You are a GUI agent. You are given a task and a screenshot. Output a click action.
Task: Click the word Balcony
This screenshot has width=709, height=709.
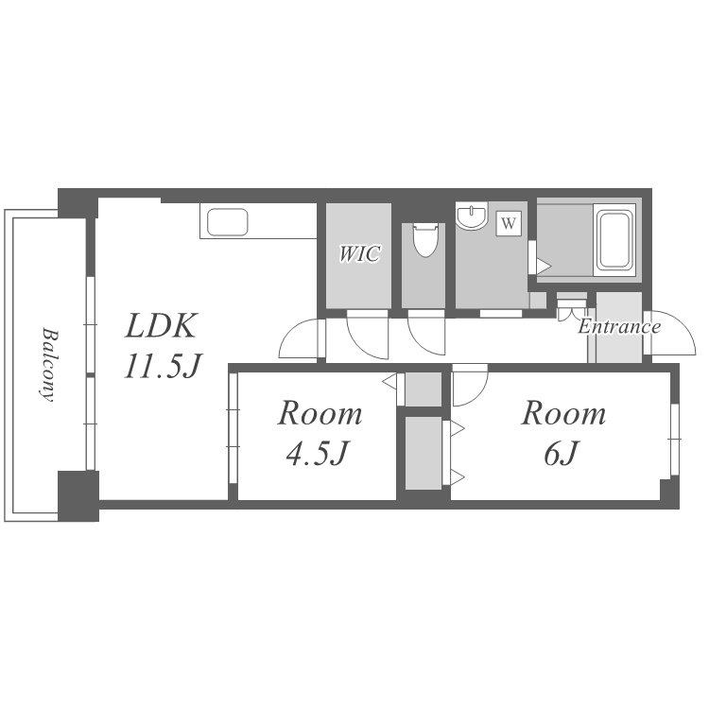(x=48, y=365)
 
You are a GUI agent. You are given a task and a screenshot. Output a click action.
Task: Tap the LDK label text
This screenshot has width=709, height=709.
(x=161, y=325)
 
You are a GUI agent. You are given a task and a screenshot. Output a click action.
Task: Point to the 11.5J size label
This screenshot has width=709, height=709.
(x=163, y=365)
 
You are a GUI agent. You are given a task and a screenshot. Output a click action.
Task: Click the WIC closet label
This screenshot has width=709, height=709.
(x=360, y=253)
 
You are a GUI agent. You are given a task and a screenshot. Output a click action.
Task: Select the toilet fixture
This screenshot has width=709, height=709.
(x=425, y=240)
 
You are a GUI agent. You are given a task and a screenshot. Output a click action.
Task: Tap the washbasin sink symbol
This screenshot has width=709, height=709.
(x=472, y=216)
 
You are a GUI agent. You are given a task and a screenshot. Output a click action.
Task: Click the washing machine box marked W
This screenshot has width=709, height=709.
(x=509, y=223)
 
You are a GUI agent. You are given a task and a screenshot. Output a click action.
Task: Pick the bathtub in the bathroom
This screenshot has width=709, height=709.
(x=614, y=240)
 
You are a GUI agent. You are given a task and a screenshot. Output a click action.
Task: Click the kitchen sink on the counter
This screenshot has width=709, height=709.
(x=228, y=222)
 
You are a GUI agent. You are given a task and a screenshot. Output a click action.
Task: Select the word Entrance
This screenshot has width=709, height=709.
(x=619, y=326)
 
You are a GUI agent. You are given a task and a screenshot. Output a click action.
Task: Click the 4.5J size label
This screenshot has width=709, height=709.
(x=318, y=453)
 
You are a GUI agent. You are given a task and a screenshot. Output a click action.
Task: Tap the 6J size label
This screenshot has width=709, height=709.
(x=562, y=453)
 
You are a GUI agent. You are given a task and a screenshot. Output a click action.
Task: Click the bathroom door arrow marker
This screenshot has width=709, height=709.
(x=544, y=266)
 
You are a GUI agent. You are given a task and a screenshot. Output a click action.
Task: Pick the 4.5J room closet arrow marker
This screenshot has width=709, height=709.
(x=389, y=381)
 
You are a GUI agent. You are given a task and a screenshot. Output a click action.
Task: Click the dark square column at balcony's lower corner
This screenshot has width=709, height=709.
(x=78, y=495)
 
